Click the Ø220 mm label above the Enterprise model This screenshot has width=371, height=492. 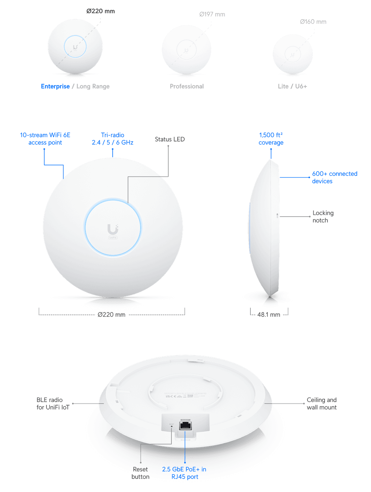pyautogui.click(x=100, y=11)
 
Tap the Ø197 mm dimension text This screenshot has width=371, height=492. pyautogui.click(x=212, y=14)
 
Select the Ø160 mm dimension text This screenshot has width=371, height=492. pyautogui.click(x=313, y=22)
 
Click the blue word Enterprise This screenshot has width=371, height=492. pyautogui.click(x=55, y=87)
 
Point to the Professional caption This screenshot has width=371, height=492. pyautogui.click(x=187, y=87)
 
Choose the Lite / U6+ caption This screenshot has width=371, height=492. pyautogui.click(x=292, y=87)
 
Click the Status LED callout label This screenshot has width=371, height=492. pyautogui.click(x=170, y=139)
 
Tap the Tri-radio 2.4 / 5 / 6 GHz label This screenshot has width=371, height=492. pyautogui.click(x=112, y=139)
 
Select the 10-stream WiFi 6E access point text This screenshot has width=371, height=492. pyautogui.click(x=45, y=139)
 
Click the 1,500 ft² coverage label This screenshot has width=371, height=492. pyautogui.click(x=271, y=139)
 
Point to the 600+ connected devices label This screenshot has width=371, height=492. pyautogui.click(x=334, y=178)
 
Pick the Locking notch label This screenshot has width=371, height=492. pyautogui.click(x=323, y=217)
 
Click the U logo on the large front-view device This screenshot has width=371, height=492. pyautogui.click(x=113, y=229)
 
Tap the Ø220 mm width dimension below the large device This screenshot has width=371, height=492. pyautogui.click(x=111, y=315)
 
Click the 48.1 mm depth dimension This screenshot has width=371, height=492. pyautogui.click(x=269, y=315)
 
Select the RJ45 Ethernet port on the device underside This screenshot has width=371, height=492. pyautogui.click(x=185, y=425)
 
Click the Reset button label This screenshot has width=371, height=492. pyautogui.click(x=140, y=473)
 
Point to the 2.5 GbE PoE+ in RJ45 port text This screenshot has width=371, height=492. pyautogui.click(x=184, y=473)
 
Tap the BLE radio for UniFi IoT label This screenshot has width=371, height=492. pyautogui.click(x=53, y=403)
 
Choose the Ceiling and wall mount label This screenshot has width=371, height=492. pyautogui.click(x=322, y=403)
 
